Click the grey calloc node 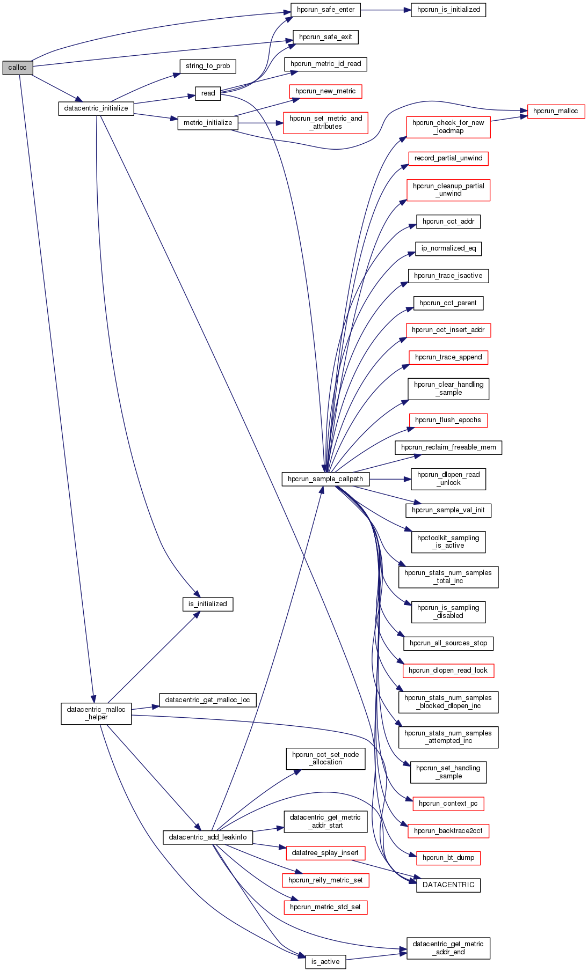[x=17, y=68]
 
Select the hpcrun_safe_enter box [x=325, y=10]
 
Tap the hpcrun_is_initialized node [x=448, y=10]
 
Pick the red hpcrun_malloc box [x=556, y=111]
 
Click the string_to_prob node [x=208, y=66]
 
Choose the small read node [x=208, y=93]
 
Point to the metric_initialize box [x=208, y=123]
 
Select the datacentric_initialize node [x=96, y=108]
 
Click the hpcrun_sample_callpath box [x=325, y=479]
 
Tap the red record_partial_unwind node [x=448, y=158]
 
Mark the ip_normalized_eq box [x=448, y=248]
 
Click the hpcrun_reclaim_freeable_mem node [x=448, y=447]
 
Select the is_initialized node [x=208, y=604]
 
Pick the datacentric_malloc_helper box [x=96, y=713]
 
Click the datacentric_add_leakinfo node [x=208, y=837]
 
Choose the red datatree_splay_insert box [x=325, y=853]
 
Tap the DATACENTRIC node [x=448, y=885]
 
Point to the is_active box [x=325, y=962]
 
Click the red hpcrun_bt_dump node [x=448, y=858]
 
